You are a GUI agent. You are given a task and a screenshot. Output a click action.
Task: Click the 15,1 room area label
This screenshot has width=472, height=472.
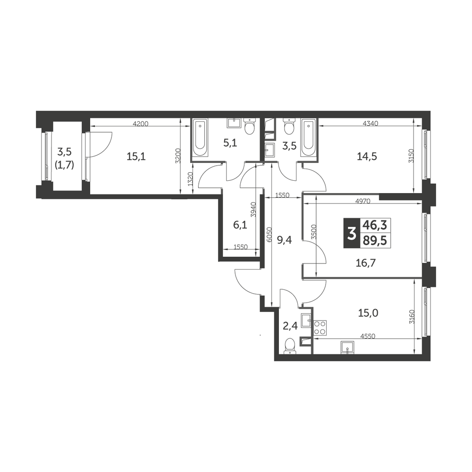coord(136,157)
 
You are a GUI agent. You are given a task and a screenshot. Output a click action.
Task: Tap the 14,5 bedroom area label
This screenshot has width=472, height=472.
coord(367,157)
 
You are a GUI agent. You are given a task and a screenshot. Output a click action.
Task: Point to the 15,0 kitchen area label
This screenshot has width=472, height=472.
coord(368,313)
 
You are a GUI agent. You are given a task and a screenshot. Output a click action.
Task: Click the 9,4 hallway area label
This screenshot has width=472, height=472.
coord(284,240)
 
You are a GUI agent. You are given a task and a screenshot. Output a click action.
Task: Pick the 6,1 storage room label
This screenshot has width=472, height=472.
coord(240,225)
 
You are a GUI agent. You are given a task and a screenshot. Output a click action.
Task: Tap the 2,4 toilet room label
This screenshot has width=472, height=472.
coord(290,326)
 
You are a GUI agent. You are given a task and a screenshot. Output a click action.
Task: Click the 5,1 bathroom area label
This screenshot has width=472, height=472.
coord(230,143)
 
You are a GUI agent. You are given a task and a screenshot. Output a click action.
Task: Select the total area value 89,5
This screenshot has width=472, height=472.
coord(375,241)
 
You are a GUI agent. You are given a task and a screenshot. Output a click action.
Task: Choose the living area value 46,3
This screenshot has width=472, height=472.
coord(375,225)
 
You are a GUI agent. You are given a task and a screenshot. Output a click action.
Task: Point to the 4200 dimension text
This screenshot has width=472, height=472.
coord(141,123)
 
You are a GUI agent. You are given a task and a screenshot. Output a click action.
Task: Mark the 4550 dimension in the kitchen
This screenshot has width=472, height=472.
coord(368,336)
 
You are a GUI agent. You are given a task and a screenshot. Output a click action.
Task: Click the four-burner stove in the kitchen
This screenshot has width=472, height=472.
coord(320,328)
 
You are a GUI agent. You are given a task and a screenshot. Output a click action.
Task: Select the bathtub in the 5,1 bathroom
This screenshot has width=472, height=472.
coord(200,137)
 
